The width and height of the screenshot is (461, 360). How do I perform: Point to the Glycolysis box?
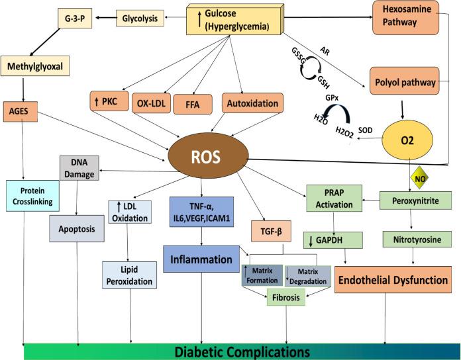[x=140, y=19]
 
